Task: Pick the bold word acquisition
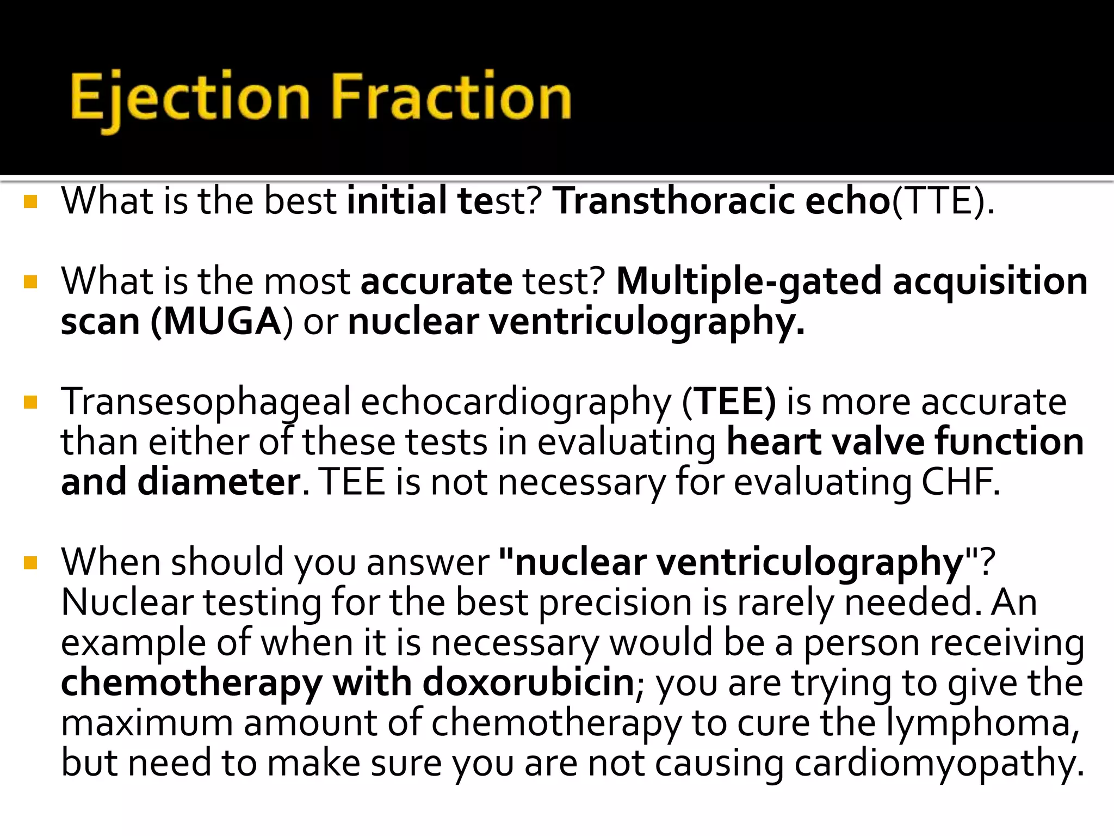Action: pos(990,282)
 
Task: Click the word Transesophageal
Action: pos(206,403)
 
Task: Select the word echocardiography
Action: pos(516,403)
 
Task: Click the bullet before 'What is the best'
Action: pos(30,202)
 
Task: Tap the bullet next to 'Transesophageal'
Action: pos(30,403)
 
